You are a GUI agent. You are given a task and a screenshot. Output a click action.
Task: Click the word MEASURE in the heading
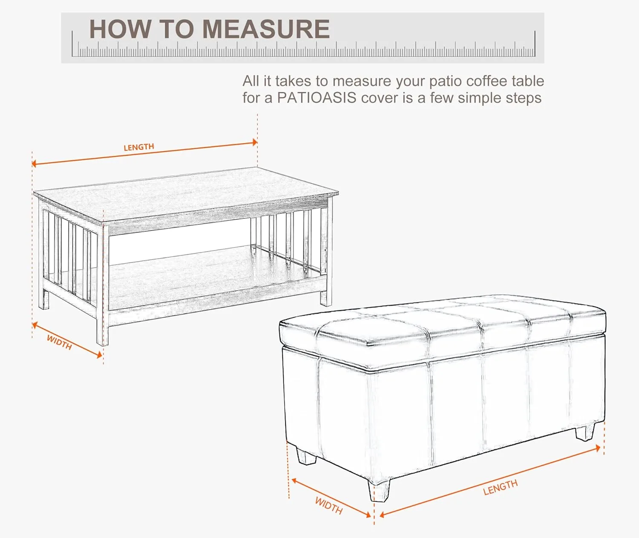click(266, 29)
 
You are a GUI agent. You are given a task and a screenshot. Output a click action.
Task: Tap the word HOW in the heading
click(120, 29)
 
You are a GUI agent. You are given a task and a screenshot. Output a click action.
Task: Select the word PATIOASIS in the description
click(317, 98)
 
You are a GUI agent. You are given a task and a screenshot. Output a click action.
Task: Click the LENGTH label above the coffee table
click(138, 147)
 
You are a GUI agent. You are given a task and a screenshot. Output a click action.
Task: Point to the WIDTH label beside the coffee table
click(59, 342)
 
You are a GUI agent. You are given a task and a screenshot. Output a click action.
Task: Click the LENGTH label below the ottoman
click(501, 487)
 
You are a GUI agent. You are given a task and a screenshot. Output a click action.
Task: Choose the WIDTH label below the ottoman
click(329, 505)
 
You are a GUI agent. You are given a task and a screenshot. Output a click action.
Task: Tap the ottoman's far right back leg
click(584, 432)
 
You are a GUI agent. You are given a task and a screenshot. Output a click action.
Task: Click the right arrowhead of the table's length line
click(255, 142)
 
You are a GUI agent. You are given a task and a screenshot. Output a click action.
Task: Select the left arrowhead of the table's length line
click(34, 164)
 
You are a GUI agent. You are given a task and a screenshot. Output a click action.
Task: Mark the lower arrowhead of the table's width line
click(99, 355)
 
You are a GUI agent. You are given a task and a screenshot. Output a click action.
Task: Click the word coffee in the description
click(487, 81)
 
